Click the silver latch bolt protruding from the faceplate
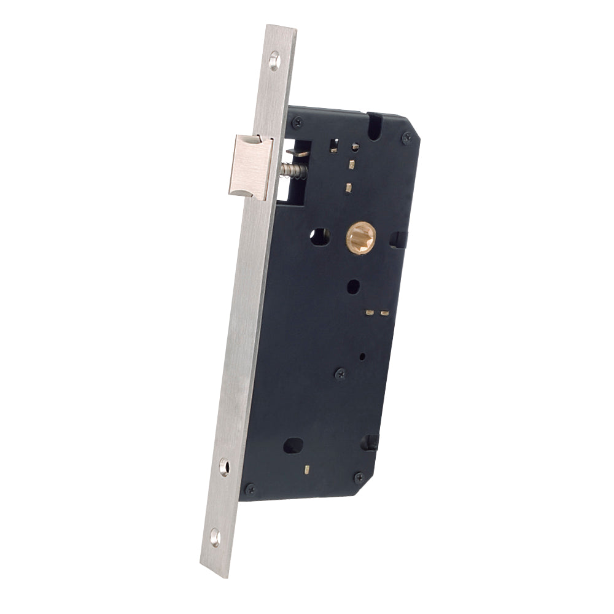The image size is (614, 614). coord(250,166)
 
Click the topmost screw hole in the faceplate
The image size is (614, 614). coord(274,60)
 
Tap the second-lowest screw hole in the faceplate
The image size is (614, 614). coord(225,467)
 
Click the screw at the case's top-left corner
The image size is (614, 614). coord(298,122)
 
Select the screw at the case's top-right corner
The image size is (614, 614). coord(406,138)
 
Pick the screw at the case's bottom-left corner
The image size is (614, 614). coord(249,489)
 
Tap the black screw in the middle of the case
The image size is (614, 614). coord(340,373)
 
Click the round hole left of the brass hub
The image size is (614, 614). coord(319,236)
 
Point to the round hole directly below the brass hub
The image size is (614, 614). coord(353,286)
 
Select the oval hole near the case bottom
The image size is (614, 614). coord(293,446)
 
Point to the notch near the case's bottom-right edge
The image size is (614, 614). coord(370,442)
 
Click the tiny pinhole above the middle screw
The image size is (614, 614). coord(362,356)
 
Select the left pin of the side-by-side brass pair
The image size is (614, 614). coord(370,312)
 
